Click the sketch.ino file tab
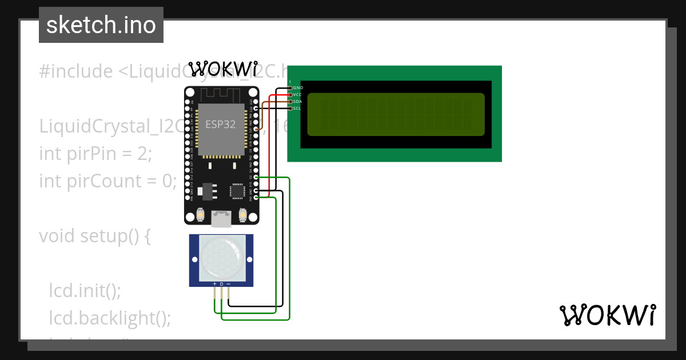pyautogui.click(x=101, y=25)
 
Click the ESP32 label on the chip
pyautogui.click(x=221, y=125)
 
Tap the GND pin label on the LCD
pyautogui.click(x=298, y=87)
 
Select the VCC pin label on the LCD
pyautogui.click(x=297, y=94)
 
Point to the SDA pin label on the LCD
pyautogui.click(x=297, y=101)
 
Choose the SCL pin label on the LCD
pyautogui.click(x=297, y=108)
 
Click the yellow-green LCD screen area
pyautogui.click(x=396, y=114)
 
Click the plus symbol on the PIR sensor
pyautogui.click(x=214, y=284)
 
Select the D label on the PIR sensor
pyautogui.click(x=221, y=284)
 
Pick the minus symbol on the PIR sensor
pyautogui.click(x=229, y=284)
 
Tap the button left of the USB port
pyautogui.click(x=201, y=215)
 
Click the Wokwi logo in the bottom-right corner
pyautogui.click(x=608, y=315)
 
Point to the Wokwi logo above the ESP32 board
pyautogui.click(x=223, y=69)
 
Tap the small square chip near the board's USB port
pyautogui.click(x=236, y=190)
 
